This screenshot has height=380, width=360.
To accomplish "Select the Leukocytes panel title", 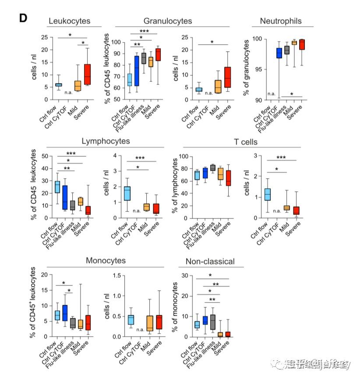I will point(70,21).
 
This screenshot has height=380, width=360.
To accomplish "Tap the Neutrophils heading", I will point(281,21).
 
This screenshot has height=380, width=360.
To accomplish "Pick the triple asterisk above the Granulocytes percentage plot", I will point(145,31).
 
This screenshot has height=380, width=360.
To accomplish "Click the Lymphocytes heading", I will point(106,141).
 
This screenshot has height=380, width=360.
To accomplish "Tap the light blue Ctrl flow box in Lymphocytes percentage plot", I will point(57,187).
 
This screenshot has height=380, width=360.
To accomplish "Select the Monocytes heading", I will point(106,261).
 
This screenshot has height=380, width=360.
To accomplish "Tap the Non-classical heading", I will point(210,262).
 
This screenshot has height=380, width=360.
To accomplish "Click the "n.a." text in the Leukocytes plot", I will point(68,92).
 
